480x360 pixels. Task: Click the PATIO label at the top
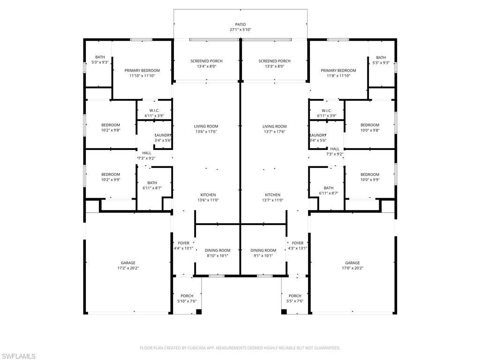click(x=240, y=24)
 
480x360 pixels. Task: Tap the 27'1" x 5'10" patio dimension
click(x=240, y=30)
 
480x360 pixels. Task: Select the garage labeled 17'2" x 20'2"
click(x=128, y=265)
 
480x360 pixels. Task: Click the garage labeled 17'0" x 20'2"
click(x=352, y=265)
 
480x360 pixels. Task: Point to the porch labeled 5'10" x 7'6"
click(x=187, y=298)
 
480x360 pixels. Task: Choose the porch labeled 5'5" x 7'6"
click(x=295, y=298)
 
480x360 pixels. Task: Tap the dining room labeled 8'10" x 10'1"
click(x=218, y=253)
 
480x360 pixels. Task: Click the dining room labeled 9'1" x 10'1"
click(x=263, y=253)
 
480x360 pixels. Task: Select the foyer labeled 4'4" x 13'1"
click(x=184, y=246)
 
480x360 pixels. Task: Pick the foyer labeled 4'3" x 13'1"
click(x=298, y=246)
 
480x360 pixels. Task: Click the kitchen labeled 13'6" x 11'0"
click(x=208, y=197)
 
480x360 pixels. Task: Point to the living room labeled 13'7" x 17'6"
click(x=274, y=129)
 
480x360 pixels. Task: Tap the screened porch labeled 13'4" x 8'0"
click(x=206, y=64)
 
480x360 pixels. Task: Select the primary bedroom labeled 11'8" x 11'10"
click(x=338, y=73)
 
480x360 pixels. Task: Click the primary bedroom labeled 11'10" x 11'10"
click(x=142, y=73)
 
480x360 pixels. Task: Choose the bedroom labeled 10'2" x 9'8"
click(x=111, y=127)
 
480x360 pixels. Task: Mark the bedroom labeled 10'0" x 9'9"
click(x=370, y=177)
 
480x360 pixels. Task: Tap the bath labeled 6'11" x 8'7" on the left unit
click(x=152, y=186)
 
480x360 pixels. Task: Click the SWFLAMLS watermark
click(x=19, y=356)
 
